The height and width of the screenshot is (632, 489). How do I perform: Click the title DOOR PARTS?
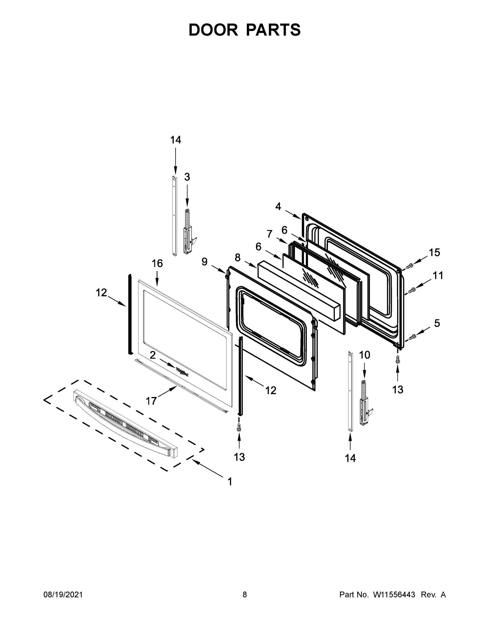pos(245,30)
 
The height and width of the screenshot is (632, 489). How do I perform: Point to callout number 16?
pos(157,263)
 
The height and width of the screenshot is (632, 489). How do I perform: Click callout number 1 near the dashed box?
pos(230,482)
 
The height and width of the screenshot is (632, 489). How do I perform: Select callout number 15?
pos(434,253)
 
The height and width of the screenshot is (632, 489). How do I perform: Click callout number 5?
pos(437,323)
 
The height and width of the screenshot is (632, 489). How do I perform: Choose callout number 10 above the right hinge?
pos(364,355)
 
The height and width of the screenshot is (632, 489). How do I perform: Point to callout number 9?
pos(205,262)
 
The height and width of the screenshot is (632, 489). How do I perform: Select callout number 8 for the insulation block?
pos(238,258)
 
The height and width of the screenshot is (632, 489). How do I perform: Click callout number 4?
pos(278,206)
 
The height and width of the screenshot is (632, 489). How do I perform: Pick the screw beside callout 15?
pos(409,266)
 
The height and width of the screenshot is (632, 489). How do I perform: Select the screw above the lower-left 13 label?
pos(239,427)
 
